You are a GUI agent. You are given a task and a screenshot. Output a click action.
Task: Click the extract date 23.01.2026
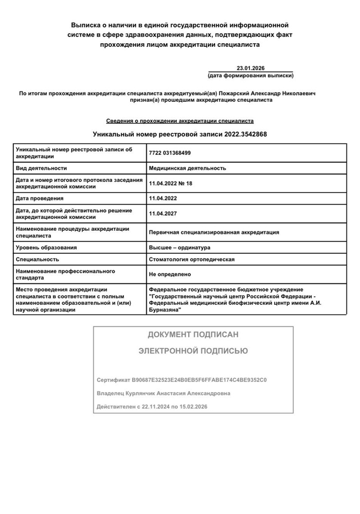[250, 68]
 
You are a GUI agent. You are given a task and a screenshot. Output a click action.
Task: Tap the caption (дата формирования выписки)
[250, 76]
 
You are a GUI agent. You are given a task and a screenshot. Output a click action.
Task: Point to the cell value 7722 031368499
[170, 153]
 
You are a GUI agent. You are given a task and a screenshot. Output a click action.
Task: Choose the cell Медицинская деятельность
[187, 168]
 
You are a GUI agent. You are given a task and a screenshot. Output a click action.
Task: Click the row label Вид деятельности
[42, 168]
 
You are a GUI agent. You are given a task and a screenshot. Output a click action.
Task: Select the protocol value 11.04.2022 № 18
[170, 183]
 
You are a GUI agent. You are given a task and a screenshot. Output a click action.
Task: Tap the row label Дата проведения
[40, 198]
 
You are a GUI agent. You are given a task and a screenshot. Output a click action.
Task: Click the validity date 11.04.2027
[163, 213]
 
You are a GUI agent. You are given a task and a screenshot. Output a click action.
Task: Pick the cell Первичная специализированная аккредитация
[214, 232]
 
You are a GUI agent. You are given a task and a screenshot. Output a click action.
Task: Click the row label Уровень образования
[46, 248]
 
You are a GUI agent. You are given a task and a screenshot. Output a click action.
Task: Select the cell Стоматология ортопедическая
[191, 260]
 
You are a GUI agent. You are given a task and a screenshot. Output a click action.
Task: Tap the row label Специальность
[38, 260]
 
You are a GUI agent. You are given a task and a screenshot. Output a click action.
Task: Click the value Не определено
[170, 274]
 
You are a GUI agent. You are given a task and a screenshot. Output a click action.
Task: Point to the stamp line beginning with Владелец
[164, 393]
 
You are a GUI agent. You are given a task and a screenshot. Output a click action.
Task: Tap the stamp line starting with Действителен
[152, 407]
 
